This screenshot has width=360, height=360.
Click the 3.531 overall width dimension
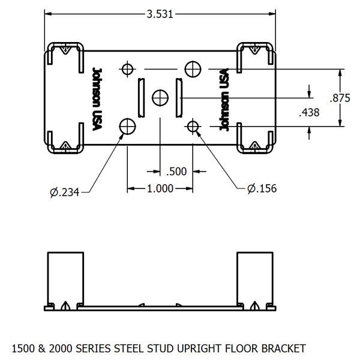click(159, 14)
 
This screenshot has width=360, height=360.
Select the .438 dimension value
click(308, 112)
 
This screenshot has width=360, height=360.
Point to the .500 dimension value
click(177, 172)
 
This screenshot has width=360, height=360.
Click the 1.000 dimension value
click(160, 188)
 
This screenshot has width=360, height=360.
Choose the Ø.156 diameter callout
click(262, 188)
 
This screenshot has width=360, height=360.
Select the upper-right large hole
click(193, 69)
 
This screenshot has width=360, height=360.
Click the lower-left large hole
click(127, 126)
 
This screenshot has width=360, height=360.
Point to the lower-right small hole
click(193, 126)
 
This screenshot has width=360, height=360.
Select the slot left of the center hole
click(141, 98)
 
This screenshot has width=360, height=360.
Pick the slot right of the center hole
click(178, 98)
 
